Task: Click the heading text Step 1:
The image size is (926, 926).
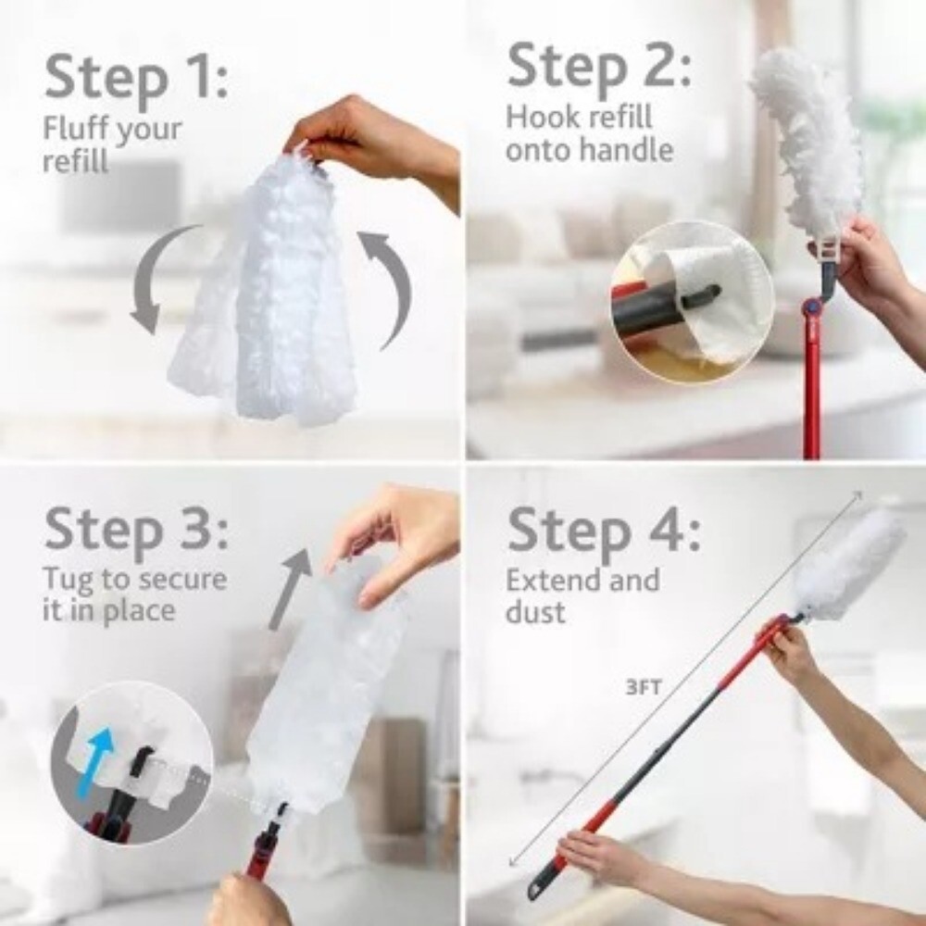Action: click(135, 78)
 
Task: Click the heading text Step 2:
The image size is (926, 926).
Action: click(598, 68)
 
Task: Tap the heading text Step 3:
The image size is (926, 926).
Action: click(135, 531)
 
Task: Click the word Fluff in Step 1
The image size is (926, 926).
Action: click(77, 129)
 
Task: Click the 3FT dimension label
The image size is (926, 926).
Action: click(644, 689)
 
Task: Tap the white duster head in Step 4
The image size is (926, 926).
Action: click(847, 565)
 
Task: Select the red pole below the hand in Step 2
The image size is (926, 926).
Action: click(812, 389)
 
